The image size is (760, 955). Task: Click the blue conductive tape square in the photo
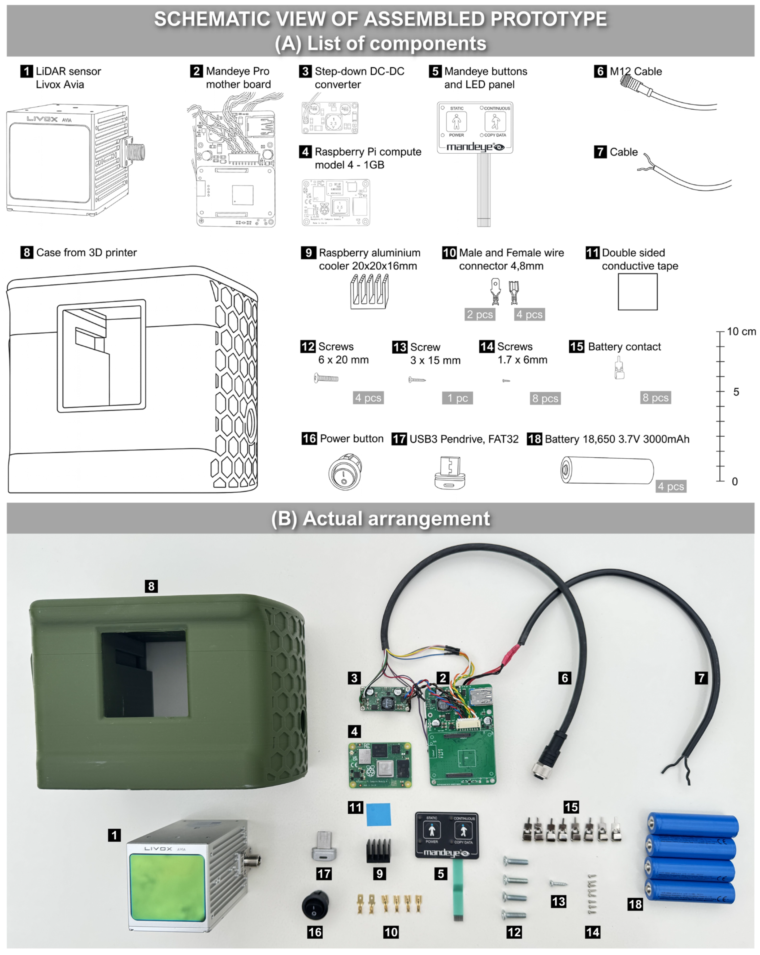378,814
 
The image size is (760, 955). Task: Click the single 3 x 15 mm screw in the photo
558,883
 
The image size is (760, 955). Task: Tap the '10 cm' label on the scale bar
741,331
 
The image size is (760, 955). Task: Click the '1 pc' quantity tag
457,398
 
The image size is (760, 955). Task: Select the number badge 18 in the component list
534,439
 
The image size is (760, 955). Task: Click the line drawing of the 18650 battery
607,470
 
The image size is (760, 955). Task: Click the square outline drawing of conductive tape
637,292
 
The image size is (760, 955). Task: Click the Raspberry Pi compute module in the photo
380,765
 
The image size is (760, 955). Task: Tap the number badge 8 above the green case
151,586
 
